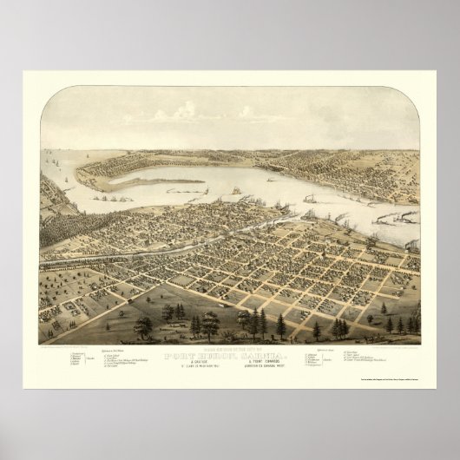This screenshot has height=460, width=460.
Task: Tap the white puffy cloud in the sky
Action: point(184,111)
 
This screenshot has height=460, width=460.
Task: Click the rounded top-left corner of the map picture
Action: point(43,90)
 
